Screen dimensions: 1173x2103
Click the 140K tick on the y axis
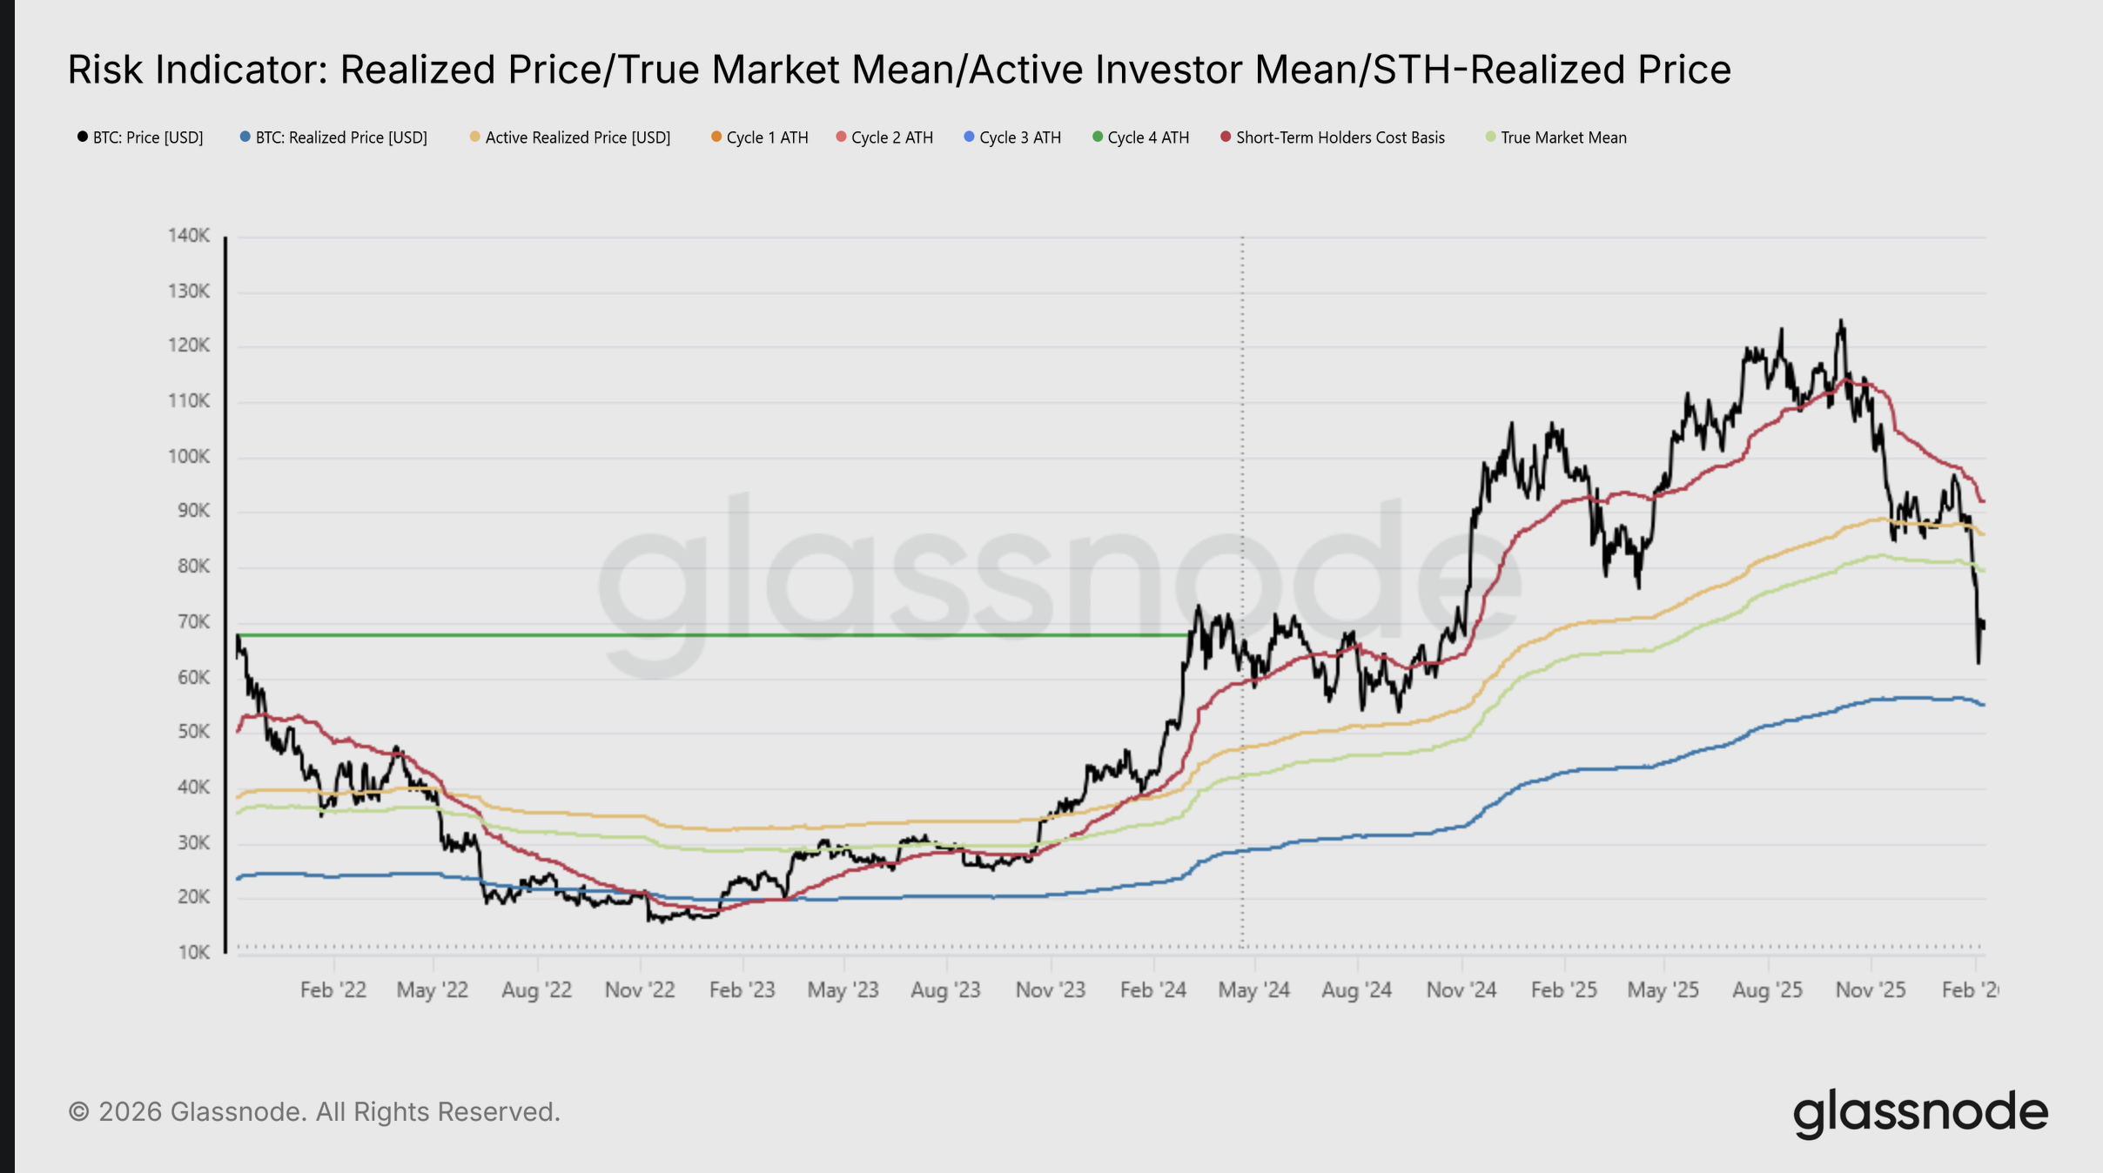(189, 236)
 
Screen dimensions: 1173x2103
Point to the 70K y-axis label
(189, 622)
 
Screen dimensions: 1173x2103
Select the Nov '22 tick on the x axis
(640, 990)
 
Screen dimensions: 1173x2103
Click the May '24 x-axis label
(1253, 990)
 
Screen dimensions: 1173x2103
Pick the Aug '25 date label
(1767, 990)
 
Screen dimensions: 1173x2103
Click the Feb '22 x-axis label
(333, 990)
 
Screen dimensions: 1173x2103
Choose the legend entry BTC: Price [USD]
(147, 137)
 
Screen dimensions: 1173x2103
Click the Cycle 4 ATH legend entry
(1147, 137)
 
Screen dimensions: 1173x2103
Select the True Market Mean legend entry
(1562, 137)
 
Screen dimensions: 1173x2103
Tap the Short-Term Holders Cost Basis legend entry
(1340, 137)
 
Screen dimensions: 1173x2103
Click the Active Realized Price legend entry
(577, 137)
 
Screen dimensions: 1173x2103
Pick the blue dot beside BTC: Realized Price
(245, 137)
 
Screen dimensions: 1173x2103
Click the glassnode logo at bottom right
(1920, 1112)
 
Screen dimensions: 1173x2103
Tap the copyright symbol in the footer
(79, 1112)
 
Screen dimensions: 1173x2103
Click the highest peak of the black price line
(1840, 321)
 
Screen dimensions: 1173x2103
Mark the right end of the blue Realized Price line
(1983, 705)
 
